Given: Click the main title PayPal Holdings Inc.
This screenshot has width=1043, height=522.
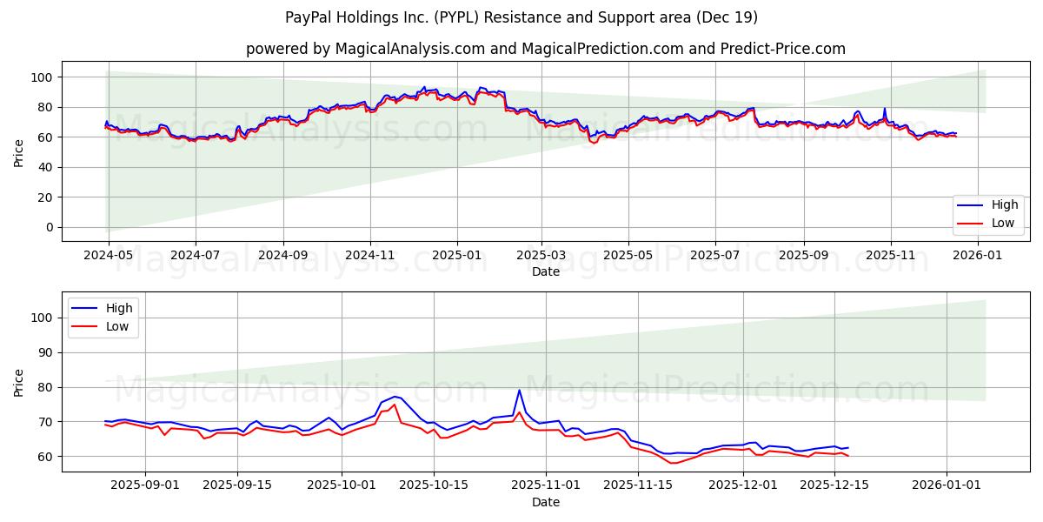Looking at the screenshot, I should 521,17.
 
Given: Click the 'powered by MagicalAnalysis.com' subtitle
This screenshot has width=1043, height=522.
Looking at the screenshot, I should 545,49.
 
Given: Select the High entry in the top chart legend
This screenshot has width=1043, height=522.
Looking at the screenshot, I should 990,205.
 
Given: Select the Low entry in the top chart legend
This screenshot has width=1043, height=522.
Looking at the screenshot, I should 990,223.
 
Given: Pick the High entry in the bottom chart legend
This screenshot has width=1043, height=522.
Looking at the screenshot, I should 105,308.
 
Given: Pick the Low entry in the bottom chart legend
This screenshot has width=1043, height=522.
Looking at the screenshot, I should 105,326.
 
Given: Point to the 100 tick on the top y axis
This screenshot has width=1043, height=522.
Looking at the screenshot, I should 44,77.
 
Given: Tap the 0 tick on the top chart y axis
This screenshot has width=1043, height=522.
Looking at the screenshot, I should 50,227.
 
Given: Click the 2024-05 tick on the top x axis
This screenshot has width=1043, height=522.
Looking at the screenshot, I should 108,257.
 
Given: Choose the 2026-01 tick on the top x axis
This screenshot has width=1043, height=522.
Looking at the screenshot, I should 978,257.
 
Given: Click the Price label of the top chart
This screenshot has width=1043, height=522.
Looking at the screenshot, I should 19,151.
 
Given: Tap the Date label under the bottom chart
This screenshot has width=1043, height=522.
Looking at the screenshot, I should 545,503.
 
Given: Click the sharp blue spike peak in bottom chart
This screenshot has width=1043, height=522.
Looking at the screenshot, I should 519,390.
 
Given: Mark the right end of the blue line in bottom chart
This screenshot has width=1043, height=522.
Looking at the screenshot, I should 847,447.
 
